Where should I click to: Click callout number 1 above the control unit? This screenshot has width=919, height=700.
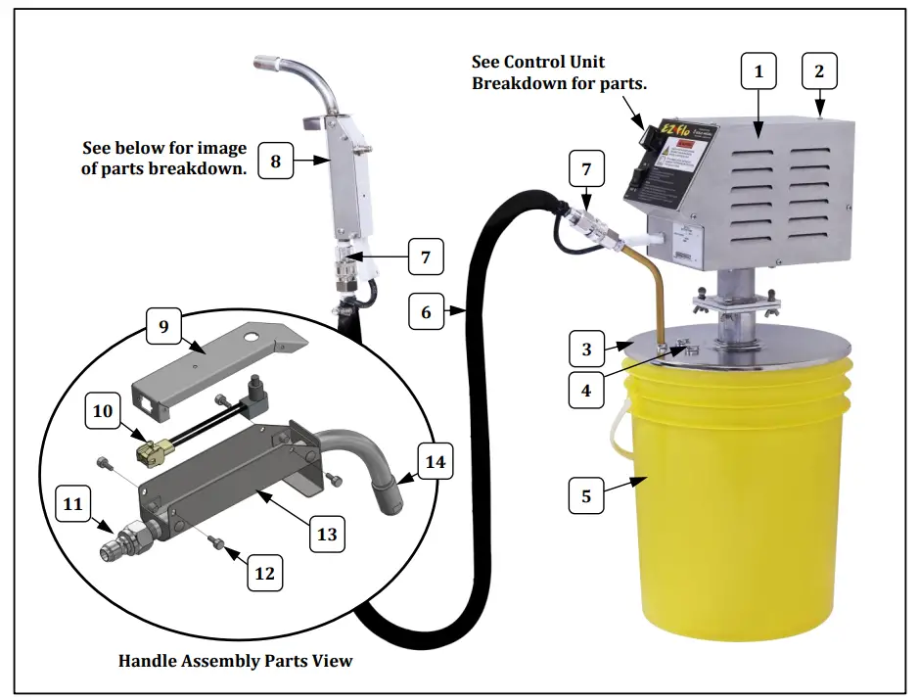(758, 71)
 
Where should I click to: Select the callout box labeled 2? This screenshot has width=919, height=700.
(818, 71)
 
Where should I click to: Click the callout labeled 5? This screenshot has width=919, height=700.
(586, 495)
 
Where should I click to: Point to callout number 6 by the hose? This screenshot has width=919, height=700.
(426, 312)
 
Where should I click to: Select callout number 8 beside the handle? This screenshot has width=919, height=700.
(276, 161)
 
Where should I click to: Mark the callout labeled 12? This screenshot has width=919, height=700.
(265, 573)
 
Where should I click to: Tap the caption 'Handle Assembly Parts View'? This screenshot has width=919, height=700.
(235, 661)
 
